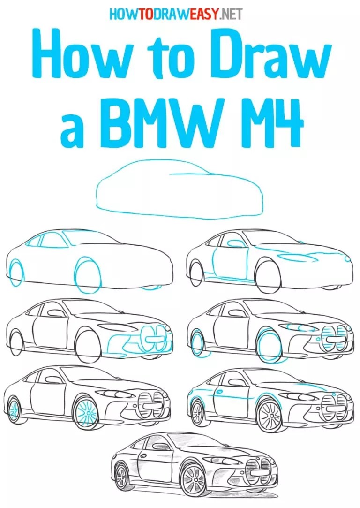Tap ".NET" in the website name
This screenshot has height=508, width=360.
(x=229, y=14)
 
